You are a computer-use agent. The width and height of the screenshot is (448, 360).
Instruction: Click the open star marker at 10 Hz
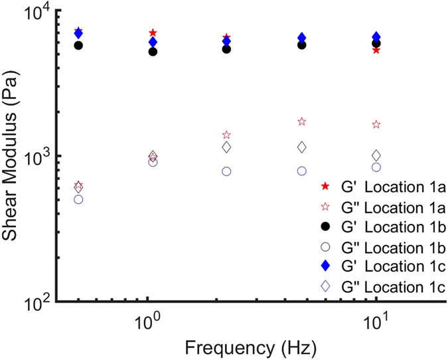click(376, 125)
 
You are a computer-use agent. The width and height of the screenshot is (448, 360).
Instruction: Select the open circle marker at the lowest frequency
click(78, 199)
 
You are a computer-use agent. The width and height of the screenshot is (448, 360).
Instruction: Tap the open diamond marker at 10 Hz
click(376, 155)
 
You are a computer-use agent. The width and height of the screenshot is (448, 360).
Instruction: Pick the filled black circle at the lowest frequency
click(78, 45)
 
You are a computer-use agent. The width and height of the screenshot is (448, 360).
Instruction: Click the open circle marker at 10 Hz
click(376, 167)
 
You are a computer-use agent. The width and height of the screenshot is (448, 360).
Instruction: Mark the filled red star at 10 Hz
click(376, 50)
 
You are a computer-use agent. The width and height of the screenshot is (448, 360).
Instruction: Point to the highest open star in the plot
click(302, 122)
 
